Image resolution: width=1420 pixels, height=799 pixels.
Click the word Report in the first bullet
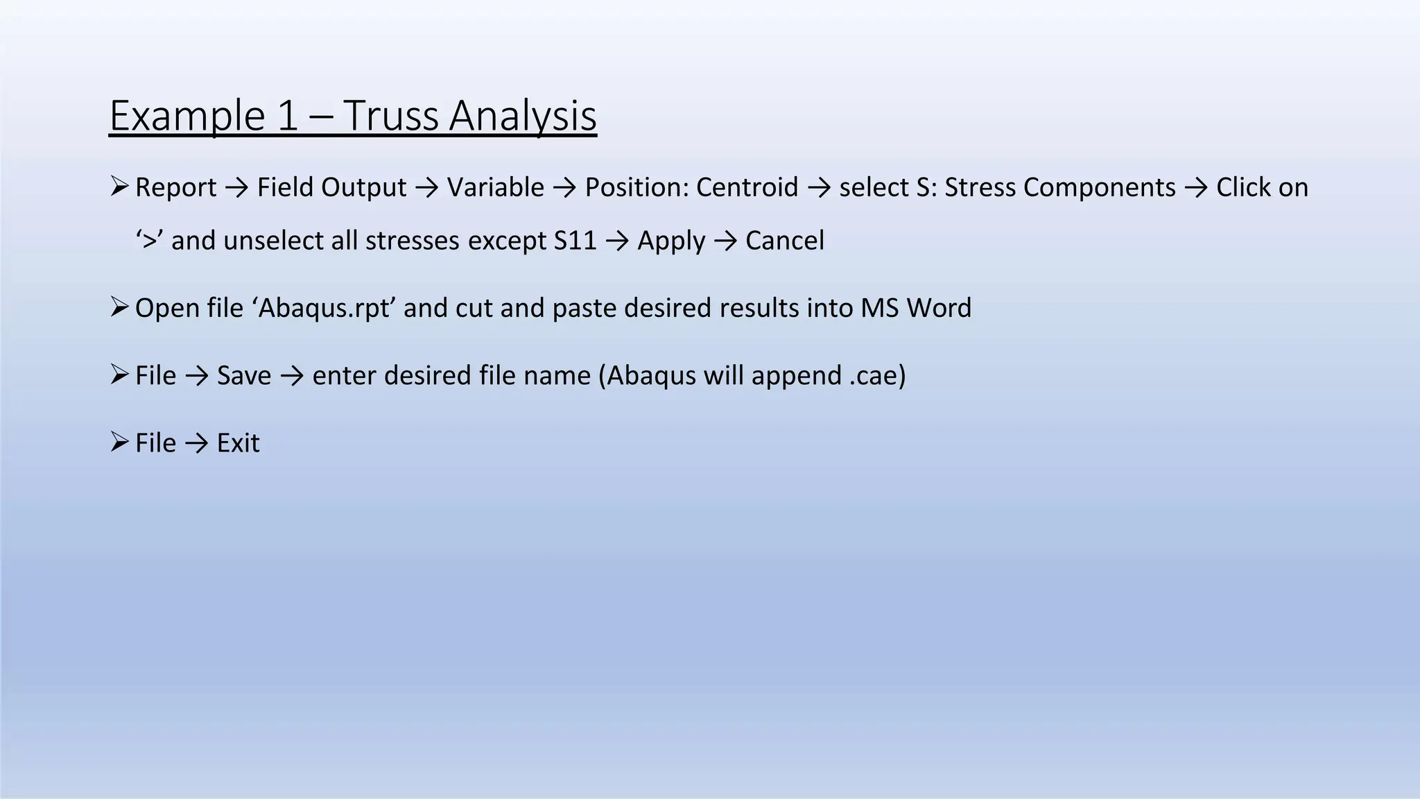click(175, 187)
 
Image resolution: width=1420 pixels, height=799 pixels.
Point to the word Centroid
click(747, 187)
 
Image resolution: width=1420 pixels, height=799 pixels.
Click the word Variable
click(495, 187)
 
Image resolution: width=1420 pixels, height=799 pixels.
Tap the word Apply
click(670, 241)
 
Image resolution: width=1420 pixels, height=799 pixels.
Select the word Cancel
click(784, 241)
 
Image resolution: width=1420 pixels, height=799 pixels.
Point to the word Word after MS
click(939, 308)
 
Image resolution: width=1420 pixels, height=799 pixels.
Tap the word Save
click(244, 375)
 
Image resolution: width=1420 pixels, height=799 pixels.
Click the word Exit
click(238, 443)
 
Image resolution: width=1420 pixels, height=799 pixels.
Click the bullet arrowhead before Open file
click(119, 307)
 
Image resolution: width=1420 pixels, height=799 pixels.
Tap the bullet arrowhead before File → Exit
click(119, 441)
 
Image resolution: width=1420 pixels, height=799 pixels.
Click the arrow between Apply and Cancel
click(725, 241)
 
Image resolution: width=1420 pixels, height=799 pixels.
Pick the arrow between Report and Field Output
click(237, 188)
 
